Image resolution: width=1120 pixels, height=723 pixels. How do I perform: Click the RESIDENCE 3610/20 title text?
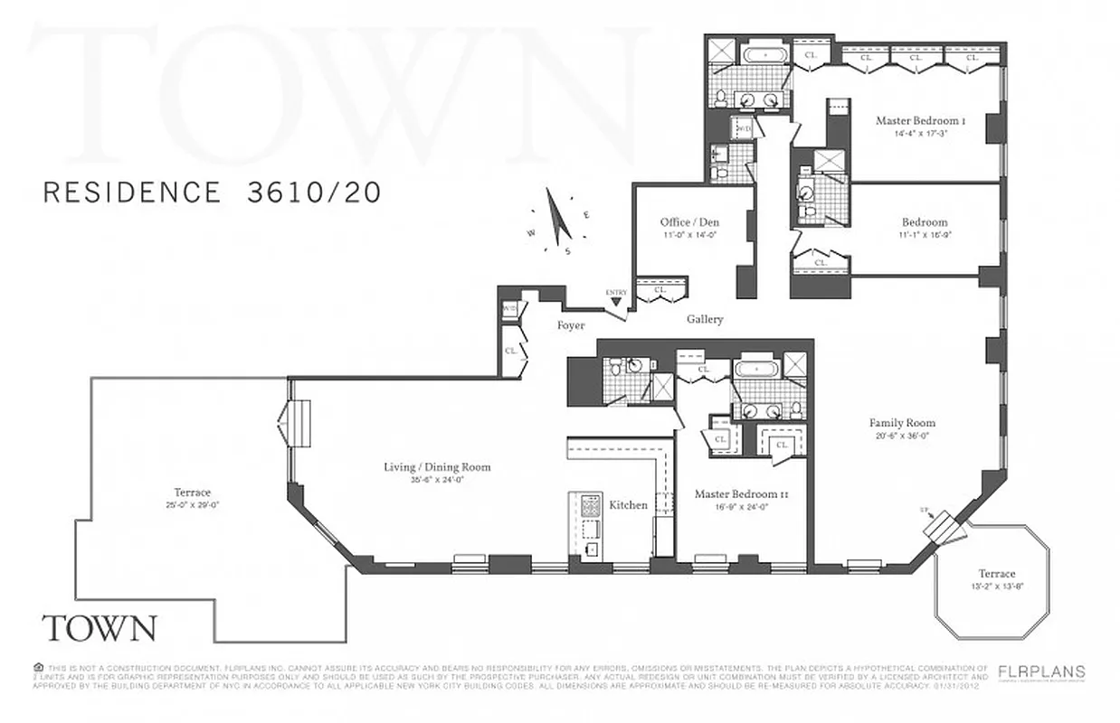point(212,192)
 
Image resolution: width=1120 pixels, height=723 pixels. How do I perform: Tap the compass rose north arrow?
point(558,219)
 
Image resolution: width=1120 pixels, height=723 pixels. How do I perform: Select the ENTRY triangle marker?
point(616,302)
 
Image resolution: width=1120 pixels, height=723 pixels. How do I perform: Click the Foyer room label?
point(570,325)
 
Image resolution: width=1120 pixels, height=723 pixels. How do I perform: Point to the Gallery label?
point(704,319)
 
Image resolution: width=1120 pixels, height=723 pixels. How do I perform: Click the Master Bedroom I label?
point(917,120)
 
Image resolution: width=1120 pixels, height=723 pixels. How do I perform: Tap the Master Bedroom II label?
point(736,494)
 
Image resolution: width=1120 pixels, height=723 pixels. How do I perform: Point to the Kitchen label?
point(628,504)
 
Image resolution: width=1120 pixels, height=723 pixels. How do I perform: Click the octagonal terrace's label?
point(996,573)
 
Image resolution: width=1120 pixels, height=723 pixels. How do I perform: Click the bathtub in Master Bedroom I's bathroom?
point(764,54)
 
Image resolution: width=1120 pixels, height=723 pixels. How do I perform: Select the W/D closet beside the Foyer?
point(508,309)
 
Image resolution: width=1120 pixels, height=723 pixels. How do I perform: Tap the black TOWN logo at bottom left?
point(100,627)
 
